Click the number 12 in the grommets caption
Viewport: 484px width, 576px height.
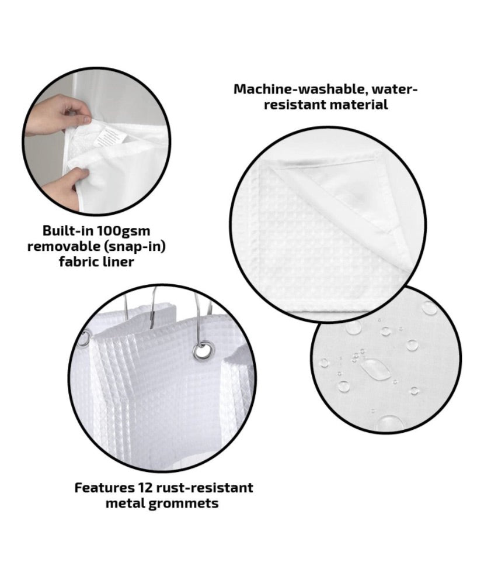[x=145, y=488]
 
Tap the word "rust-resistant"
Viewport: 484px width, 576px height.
[x=204, y=488]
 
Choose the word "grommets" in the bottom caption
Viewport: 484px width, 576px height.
[x=183, y=503]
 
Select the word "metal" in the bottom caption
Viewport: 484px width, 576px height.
[x=125, y=503]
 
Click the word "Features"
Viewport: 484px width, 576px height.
[x=104, y=488]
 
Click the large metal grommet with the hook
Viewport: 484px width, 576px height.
[x=203, y=350]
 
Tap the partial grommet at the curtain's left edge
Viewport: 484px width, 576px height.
[x=84, y=339]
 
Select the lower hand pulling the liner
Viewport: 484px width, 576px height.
[x=65, y=187]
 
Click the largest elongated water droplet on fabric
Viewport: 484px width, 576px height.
[x=375, y=369]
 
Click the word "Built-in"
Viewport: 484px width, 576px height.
[x=68, y=231]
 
